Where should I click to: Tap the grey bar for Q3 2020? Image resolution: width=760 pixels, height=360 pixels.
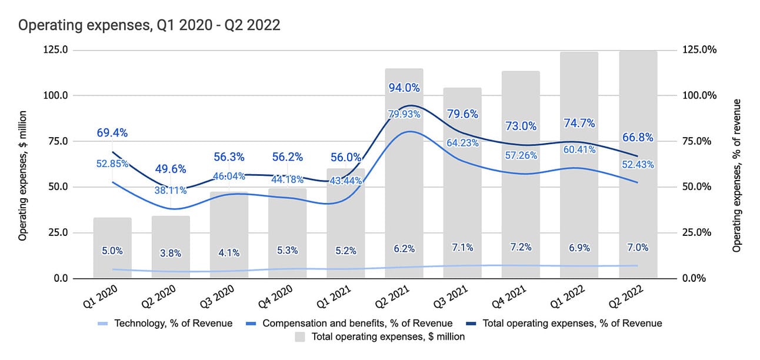point(229,235)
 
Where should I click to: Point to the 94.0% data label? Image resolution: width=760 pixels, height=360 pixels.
point(404,88)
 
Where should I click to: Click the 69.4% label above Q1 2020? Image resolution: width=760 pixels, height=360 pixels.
point(112,132)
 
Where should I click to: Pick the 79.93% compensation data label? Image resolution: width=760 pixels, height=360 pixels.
point(404,114)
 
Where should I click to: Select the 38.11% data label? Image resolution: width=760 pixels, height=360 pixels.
point(171,190)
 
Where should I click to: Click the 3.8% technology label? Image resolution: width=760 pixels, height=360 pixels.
point(171,254)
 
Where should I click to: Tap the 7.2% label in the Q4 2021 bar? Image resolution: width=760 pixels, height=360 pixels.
point(521,248)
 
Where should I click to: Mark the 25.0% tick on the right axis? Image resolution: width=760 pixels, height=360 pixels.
point(698,232)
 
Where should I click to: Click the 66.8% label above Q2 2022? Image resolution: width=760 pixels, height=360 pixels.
point(638,138)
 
